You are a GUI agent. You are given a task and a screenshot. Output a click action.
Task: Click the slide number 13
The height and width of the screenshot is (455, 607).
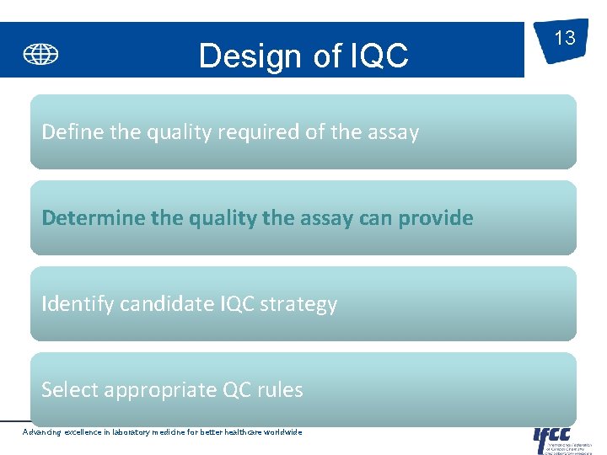click(564, 38)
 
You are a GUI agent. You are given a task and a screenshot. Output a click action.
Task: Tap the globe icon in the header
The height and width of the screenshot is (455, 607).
click(40, 55)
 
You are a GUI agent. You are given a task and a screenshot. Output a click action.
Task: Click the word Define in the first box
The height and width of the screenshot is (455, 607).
click(68, 132)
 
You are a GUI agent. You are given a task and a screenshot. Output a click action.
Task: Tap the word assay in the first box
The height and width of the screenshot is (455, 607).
click(391, 132)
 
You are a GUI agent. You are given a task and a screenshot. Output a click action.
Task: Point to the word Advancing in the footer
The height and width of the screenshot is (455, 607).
click(41, 432)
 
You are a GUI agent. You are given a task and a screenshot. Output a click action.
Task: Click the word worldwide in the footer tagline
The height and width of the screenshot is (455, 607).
click(281, 432)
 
